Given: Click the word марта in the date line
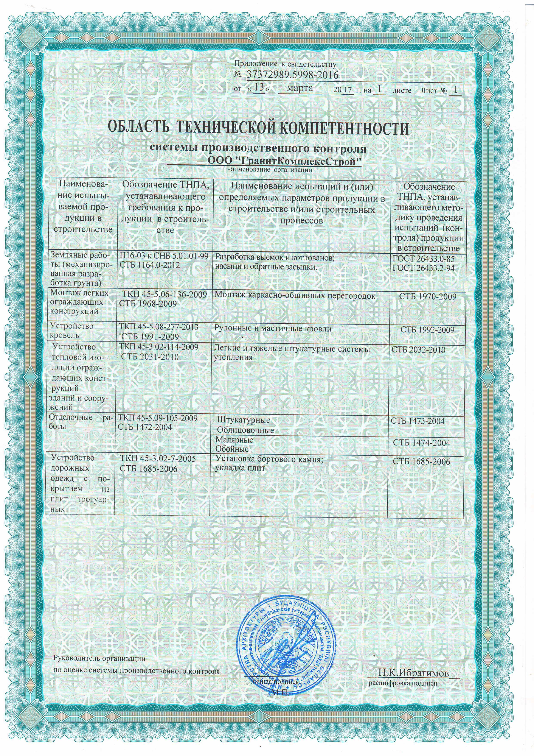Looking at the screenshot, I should [300, 89].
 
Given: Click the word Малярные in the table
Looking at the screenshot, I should [234, 440].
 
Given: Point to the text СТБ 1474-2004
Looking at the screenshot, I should [421, 443].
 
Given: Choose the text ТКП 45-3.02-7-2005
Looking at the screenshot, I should [158, 459].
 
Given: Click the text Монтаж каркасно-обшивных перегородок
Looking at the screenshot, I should [295, 295].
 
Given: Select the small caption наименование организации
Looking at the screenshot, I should [269, 170].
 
